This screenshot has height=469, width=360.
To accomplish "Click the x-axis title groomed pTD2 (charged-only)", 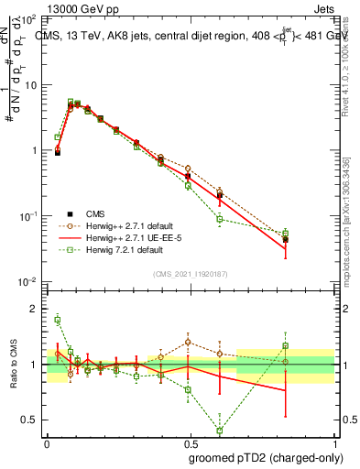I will (267, 457).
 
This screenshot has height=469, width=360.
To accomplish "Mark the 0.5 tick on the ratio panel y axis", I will (32, 420).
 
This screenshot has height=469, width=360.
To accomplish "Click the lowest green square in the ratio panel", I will (220, 431).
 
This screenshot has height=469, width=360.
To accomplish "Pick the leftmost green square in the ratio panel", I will (57, 319).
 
